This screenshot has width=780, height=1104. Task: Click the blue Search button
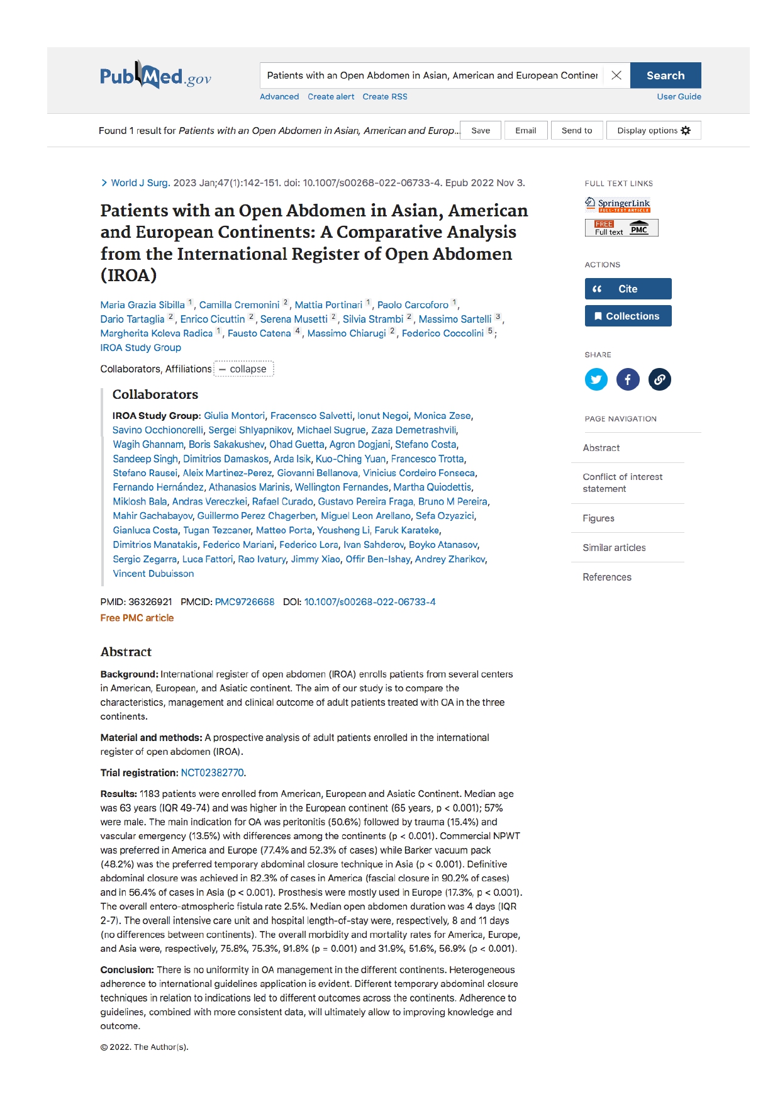pyautogui.click(x=665, y=75)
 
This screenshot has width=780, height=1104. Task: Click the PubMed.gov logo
pyautogui.click(x=155, y=77)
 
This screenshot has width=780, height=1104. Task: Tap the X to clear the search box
pyautogui.click(x=616, y=75)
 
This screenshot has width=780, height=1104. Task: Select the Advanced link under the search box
pyautogui.click(x=279, y=97)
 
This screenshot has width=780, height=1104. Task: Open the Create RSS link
pyautogui.click(x=384, y=97)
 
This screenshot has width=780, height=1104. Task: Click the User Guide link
pyautogui.click(x=679, y=97)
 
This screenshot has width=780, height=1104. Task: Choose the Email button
pyautogui.click(x=525, y=131)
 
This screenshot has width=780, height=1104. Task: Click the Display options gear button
pyautogui.click(x=653, y=131)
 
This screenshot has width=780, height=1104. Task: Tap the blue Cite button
pyautogui.click(x=628, y=289)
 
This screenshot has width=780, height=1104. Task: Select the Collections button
pyautogui.click(x=628, y=316)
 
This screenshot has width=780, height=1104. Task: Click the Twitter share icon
pyautogui.click(x=596, y=379)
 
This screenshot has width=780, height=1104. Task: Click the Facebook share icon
pyautogui.click(x=628, y=379)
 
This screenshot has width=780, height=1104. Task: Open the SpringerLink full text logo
pyautogui.click(x=618, y=204)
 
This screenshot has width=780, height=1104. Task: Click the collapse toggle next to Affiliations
pyautogui.click(x=243, y=369)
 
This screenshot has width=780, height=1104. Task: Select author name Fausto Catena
pyautogui.click(x=259, y=333)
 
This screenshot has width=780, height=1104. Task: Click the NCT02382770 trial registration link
pyautogui.click(x=212, y=772)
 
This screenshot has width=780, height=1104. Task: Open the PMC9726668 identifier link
pyautogui.click(x=244, y=602)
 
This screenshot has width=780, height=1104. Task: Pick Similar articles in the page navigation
pyautogui.click(x=614, y=548)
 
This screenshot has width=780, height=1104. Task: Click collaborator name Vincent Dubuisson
pyautogui.click(x=153, y=574)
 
